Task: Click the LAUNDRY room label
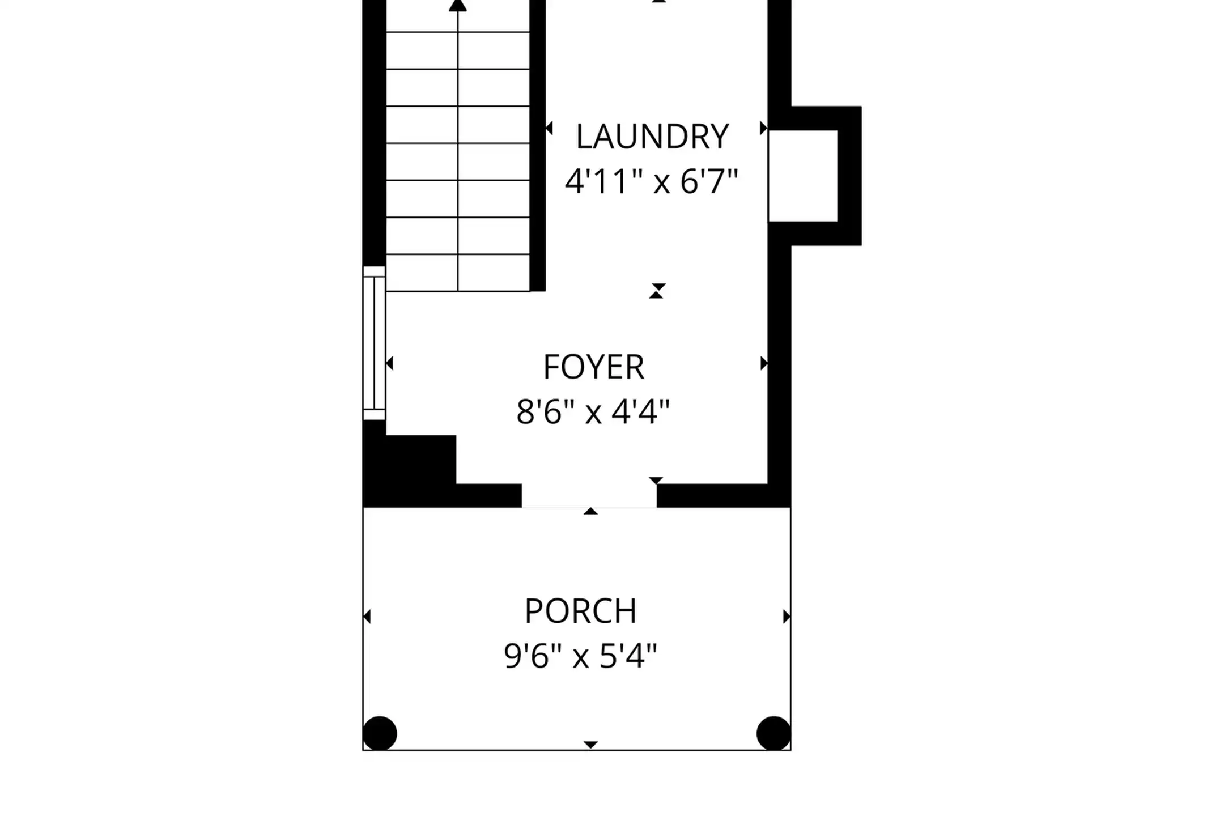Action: [x=652, y=137]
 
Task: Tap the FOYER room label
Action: [x=594, y=367]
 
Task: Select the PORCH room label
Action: [x=581, y=611]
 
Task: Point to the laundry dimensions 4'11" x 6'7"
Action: [x=652, y=182]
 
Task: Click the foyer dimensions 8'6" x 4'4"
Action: [x=593, y=412]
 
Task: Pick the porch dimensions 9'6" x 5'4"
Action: [x=581, y=656]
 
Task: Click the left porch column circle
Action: [x=380, y=733]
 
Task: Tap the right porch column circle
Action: [x=773, y=733]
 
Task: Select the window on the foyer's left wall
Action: [x=374, y=343]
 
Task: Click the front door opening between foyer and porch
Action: [x=589, y=496]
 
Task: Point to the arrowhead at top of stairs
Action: [x=458, y=5]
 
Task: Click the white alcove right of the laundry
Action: [x=803, y=176]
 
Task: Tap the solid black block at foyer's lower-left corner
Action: [x=409, y=470]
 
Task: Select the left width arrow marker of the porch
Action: [x=367, y=616]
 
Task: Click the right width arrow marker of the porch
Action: [x=787, y=616]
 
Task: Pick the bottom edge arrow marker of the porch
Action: [x=590, y=745]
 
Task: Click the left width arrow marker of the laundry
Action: [x=549, y=128]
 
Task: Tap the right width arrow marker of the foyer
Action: [x=764, y=363]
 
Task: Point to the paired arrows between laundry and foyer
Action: [x=657, y=291]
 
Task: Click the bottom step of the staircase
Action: [x=458, y=273]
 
